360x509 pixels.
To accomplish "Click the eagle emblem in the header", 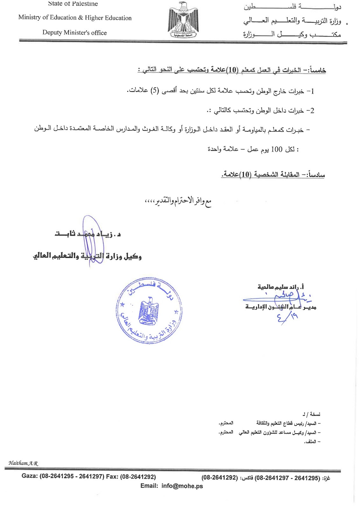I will click(x=183, y=20).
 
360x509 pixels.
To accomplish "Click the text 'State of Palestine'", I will click(x=73, y=4).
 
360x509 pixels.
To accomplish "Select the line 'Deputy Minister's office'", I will click(x=74, y=33).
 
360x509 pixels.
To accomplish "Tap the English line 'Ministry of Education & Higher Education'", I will click(x=75, y=18).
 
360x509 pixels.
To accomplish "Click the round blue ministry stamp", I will click(x=149, y=312).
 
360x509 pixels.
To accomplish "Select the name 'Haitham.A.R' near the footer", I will click(x=23, y=463).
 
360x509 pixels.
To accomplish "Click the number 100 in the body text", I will click(x=276, y=149).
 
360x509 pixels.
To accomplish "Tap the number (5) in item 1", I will click(x=155, y=91).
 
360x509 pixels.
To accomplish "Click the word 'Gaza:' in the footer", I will click(x=30, y=477).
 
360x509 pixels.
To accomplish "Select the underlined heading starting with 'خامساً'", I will click(x=232, y=70).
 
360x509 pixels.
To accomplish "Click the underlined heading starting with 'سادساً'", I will click(x=273, y=175).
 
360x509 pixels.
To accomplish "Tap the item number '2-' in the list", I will click(x=310, y=111).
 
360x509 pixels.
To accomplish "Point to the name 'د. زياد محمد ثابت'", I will click(x=87, y=234).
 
